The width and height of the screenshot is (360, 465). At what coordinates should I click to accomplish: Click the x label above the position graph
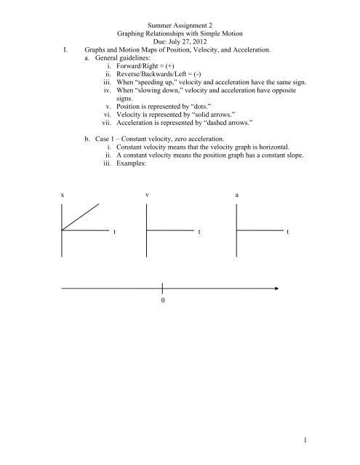point(63,196)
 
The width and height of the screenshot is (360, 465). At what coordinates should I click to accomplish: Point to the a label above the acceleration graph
point(237,196)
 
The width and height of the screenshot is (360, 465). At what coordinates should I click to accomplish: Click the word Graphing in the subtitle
point(135,33)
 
